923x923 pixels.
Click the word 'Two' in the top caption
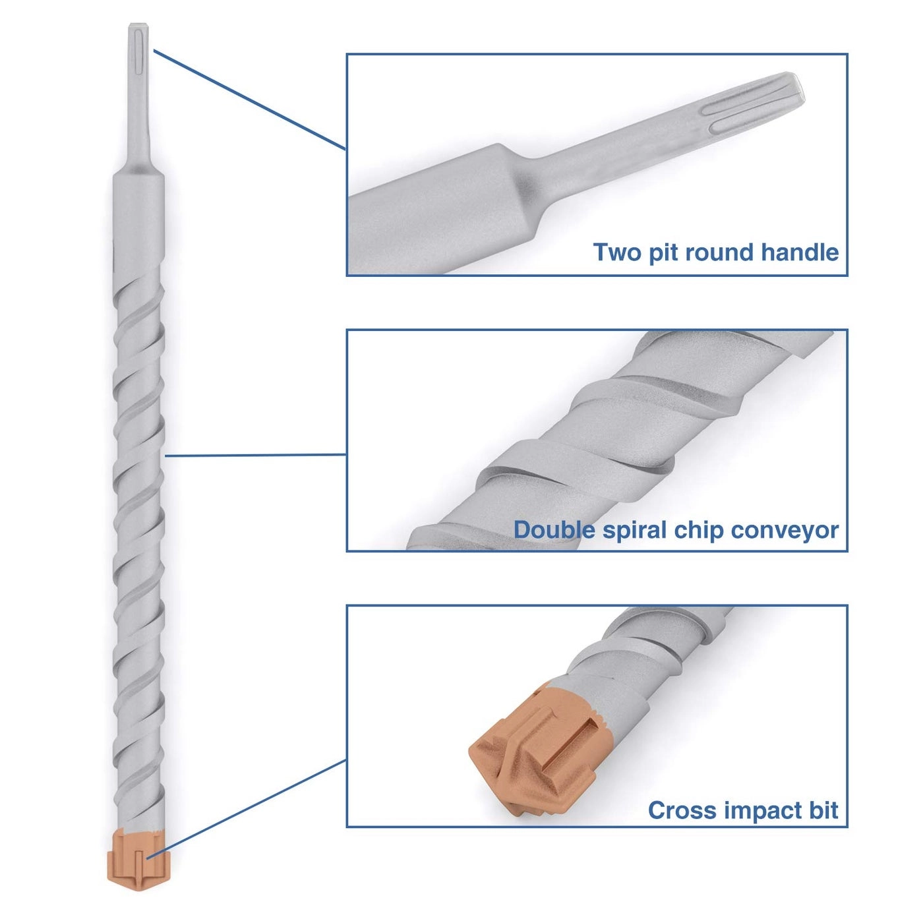click(x=617, y=253)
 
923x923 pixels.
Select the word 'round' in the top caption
click(x=722, y=253)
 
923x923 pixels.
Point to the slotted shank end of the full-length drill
click(x=138, y=53)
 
